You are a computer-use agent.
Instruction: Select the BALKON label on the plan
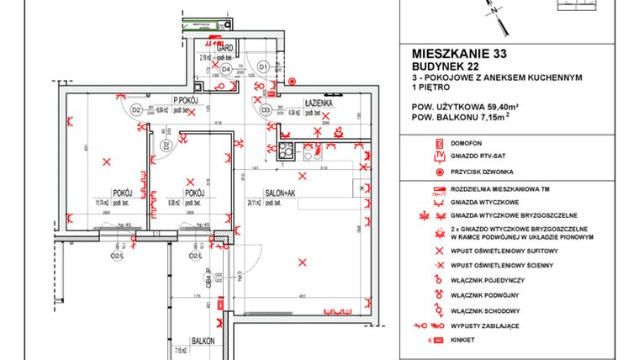point(203,341)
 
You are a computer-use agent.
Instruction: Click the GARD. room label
point(224,49)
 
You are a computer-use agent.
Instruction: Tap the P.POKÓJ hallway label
point(185,99)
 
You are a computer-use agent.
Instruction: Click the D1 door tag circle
point(262,66)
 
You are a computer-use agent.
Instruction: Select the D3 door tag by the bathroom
point(265,109)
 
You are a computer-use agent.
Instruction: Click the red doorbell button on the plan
point(292,82)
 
